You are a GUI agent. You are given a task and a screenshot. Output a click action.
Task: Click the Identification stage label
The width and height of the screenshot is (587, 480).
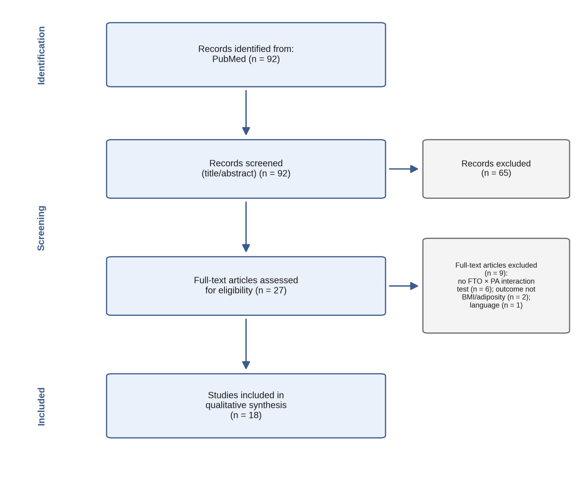click(41, 55)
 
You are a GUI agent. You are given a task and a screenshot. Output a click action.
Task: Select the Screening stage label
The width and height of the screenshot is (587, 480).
click(41, 228)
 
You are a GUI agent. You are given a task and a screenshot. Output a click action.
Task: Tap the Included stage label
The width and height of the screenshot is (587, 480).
click(41, 407)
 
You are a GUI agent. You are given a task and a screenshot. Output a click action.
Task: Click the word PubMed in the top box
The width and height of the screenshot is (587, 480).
click(229, 59)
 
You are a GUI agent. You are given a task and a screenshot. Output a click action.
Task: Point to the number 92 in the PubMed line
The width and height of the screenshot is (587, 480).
click(272, 59)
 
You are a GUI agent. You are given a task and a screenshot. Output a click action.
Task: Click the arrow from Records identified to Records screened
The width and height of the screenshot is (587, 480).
click(246, 112)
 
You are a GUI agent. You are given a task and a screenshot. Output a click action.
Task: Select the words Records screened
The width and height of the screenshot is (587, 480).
click(246, 163)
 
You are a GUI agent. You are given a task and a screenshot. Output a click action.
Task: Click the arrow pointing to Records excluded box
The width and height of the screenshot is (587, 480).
click(403, 169)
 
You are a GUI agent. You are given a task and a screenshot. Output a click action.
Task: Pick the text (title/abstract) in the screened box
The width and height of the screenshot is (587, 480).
click(229, 173)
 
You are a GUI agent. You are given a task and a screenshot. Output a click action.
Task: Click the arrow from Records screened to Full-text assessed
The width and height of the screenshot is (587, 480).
click(246, 227)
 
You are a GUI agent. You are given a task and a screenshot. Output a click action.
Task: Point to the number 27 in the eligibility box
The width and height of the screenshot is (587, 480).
click(279, 290)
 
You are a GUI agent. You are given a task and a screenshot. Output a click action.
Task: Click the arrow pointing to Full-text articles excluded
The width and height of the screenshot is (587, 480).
click(403, 286)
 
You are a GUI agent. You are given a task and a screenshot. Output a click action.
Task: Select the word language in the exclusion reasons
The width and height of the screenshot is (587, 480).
click(485, 306)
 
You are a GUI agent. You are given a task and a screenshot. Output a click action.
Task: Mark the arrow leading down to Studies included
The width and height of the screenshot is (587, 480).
click(246, 344)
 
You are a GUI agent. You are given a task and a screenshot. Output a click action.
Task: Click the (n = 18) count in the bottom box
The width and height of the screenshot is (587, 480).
click(246, 415)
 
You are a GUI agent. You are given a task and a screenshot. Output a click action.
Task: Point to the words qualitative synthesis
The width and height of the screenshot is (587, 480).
click(246, 405)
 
